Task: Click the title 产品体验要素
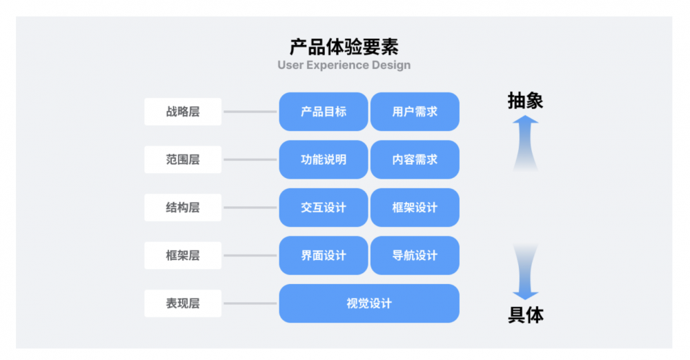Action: pyautogui.click(x=344, y=47)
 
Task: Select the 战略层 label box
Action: pyautogui.click(x=183, y=112)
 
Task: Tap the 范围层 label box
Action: pyautogui.click(x=183, y=159)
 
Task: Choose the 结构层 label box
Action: pyautogui.click(x=183, y=208)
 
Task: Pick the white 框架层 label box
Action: pyautogui.click(x=183, y=255)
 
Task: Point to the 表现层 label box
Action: pyautogui.click(x=183, y=303)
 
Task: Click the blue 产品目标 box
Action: pyautogui.click(x=324, y=112)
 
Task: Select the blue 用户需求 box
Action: pyautogui.click(x=415, y=112)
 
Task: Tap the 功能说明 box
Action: pyautogui.click(x=324, y=159)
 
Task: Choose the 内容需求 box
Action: pyautogui.click(x=415, y=159)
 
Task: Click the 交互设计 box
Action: pyautogui.click(x=324, y=208)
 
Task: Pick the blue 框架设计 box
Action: pyautogui.click(x=415, y=208)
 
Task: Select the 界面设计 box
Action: pyautogui.click(x=324, y=255)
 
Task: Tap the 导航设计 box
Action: pyautogui.click(x=415, y=255)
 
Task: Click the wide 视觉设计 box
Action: pyautogui.click(x=369, y=303)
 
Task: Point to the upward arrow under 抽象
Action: pyautogui.click(x=526, y=141)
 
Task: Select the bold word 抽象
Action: pyautogui.click(x=526, y=101)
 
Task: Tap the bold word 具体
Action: pyautogui.click(x=526, y=315)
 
